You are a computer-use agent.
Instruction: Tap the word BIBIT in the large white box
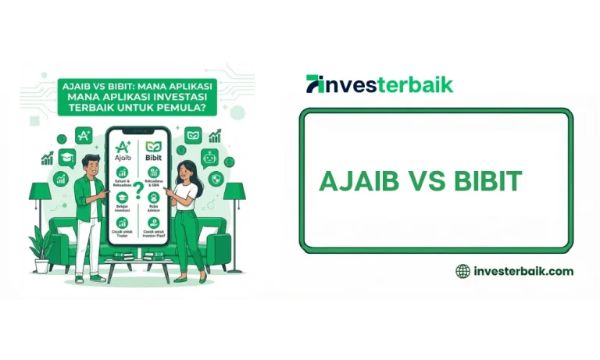coord(487,181)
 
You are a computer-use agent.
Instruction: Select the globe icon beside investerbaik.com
coord(462,271)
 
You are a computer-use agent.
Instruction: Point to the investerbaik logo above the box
coord(380,84)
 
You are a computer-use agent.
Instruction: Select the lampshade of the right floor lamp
coord(234,191)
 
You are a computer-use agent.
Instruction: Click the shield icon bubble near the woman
coord(216,178)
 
